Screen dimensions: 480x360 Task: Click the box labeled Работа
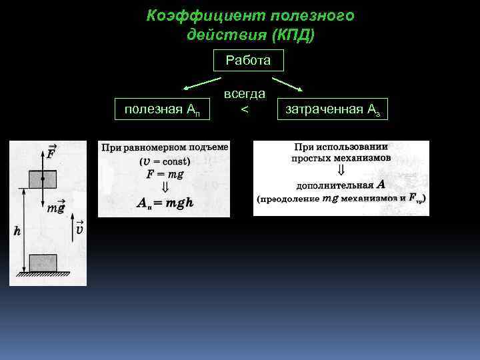coord(248,61)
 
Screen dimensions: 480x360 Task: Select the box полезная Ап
coord(163,109)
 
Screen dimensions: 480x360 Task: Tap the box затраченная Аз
coord(333,109)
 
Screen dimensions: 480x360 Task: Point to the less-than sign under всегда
coord(245,109)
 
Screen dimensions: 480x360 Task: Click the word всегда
coord(245,94)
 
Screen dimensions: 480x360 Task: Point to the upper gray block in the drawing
coord(43,179)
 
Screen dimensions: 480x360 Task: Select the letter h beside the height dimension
coord(17,231)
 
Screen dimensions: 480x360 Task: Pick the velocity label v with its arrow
coord(79,228)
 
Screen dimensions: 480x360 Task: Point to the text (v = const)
coord(164,161)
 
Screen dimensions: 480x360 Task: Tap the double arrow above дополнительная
coord(341,171)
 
